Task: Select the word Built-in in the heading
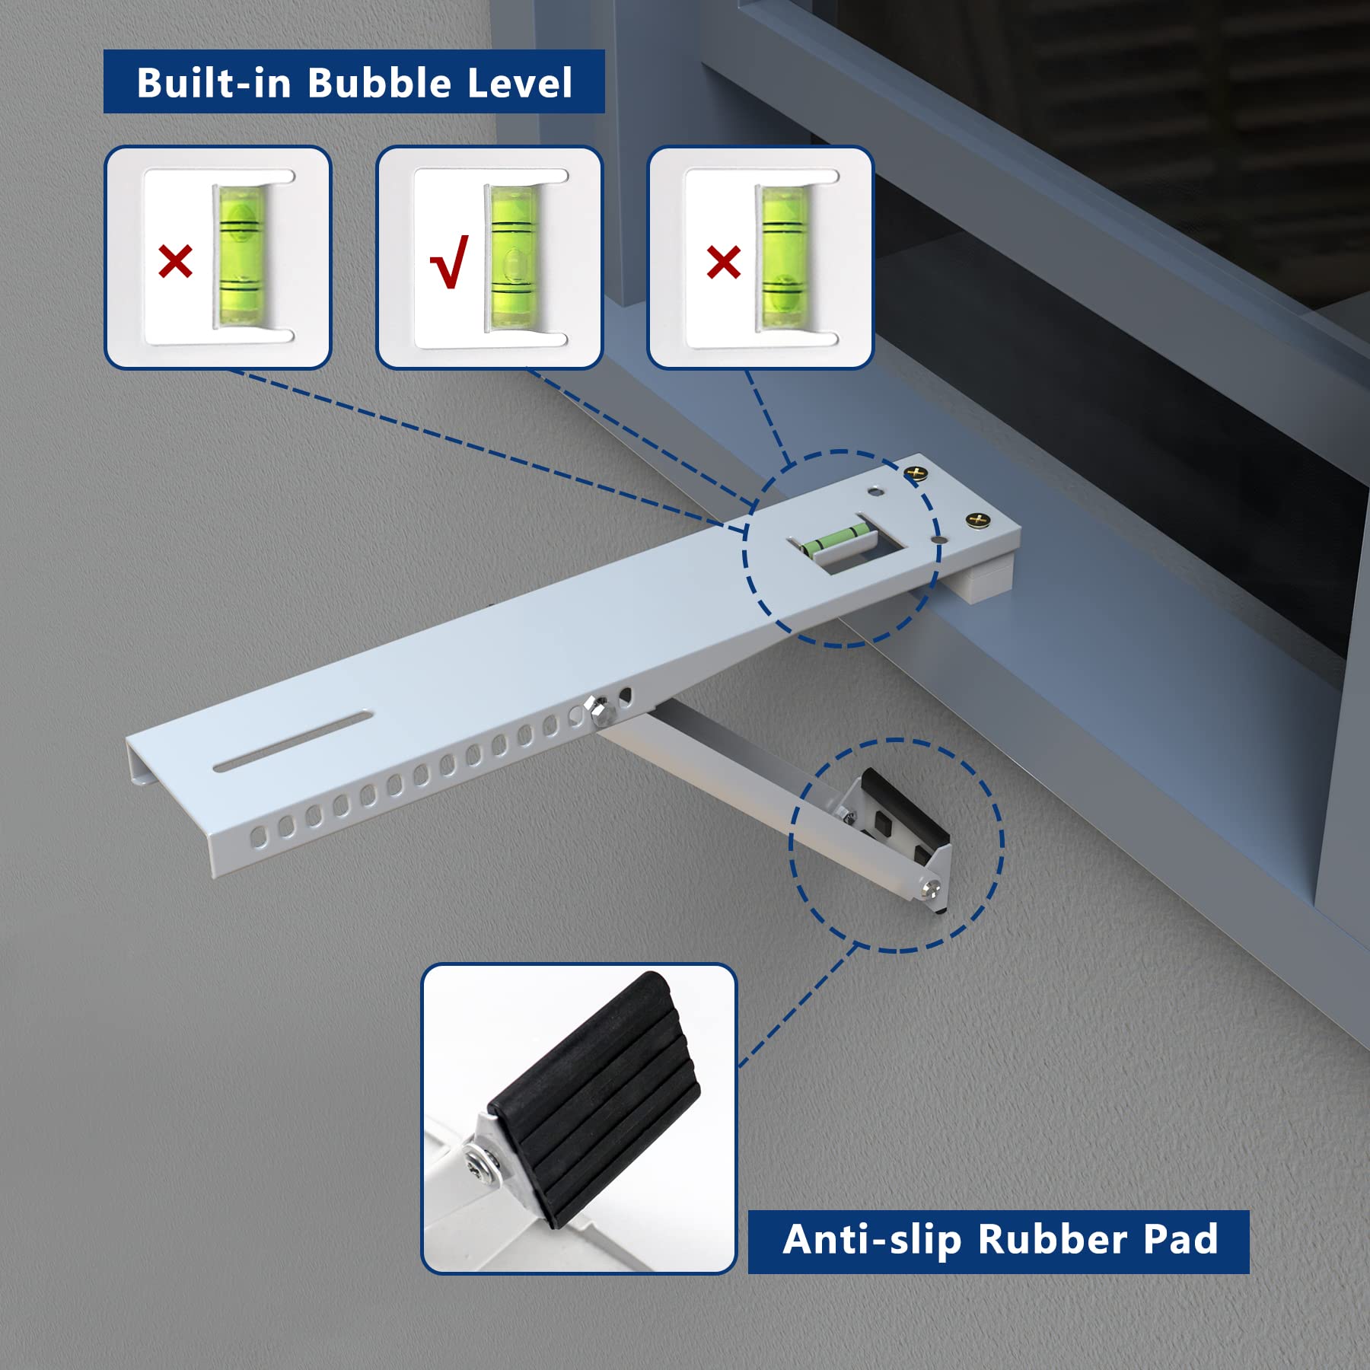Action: click(214, 82)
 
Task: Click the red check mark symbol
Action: click(449, 262)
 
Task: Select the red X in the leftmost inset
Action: click(175, 262)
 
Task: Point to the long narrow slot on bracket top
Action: click(293, 741)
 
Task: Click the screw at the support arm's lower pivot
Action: click(932, 887)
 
